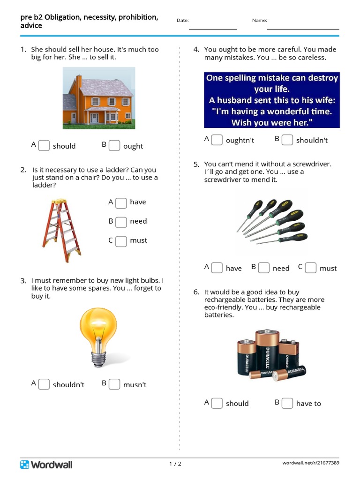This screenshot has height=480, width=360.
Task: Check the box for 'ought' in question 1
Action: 114,146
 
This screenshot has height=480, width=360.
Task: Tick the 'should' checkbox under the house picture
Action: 44,146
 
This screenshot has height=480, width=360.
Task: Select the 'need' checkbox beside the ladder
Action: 121,222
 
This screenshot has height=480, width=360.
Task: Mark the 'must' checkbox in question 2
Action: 121,241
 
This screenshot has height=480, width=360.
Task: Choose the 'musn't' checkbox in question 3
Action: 114,384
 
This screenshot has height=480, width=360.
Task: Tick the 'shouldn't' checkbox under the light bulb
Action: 44,384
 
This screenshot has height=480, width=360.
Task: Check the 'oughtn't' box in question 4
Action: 217,140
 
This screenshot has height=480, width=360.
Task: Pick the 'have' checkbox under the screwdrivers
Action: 217,268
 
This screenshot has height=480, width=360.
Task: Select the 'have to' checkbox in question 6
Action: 287,403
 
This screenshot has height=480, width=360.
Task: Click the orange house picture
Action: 99,98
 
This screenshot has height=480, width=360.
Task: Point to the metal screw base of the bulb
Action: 98,359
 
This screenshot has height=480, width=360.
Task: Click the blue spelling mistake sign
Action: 271,100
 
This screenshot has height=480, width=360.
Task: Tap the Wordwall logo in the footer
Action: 46,465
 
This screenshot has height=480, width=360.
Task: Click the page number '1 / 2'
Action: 175,464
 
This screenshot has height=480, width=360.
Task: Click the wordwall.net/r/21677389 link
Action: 311,463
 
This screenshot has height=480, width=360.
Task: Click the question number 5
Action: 196,164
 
